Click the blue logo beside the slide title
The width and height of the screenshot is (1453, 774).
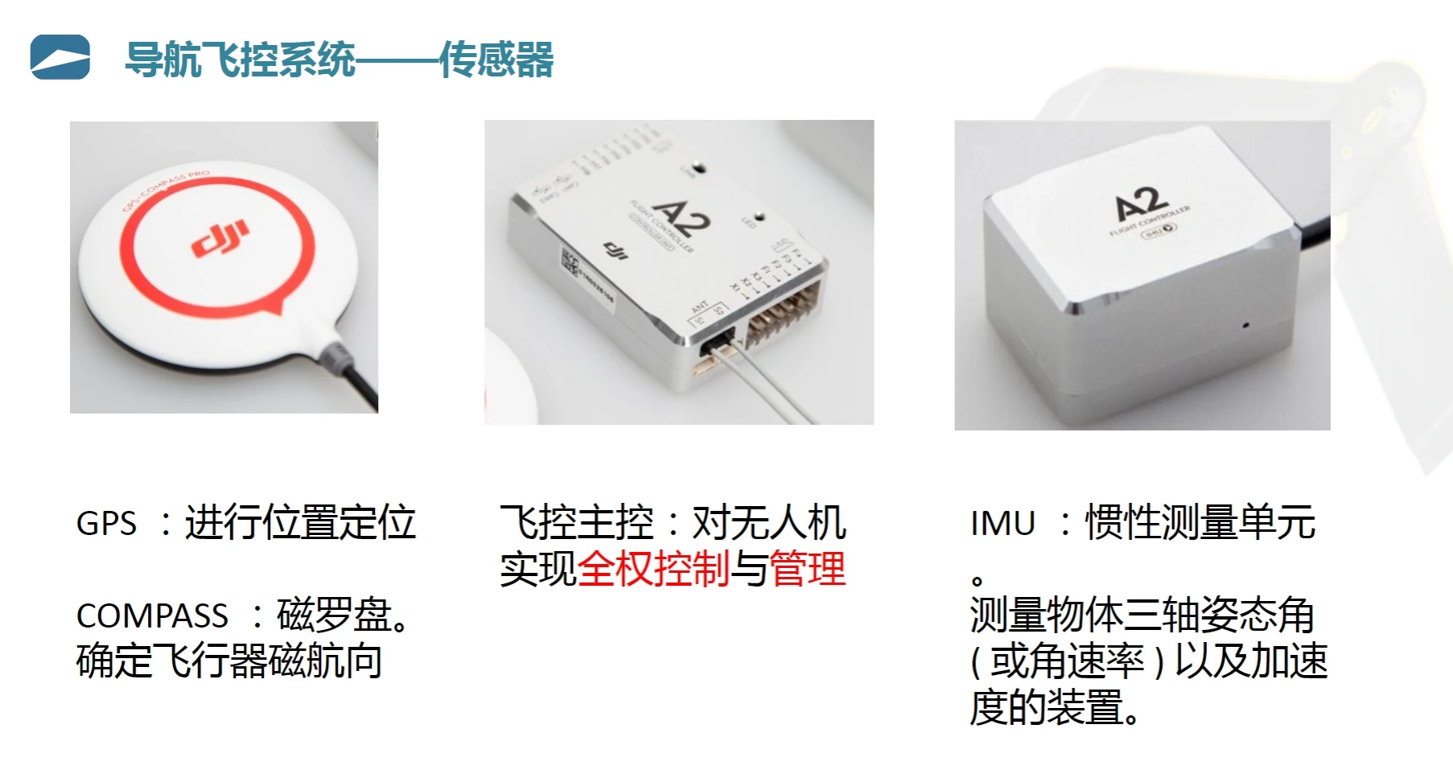(x=60, y=58)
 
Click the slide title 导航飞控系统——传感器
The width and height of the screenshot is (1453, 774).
(x=339, y=60)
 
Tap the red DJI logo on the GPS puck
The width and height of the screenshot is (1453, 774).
(x=220, y=238)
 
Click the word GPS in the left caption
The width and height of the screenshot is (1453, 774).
(x=106, y=524)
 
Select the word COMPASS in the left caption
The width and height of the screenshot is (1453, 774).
(x=152, y=616)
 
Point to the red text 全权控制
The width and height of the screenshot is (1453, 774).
(x=653, y=570)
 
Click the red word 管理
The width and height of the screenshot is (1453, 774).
(x=808, y=570)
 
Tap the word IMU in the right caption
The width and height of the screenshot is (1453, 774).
(x=1002, y=524)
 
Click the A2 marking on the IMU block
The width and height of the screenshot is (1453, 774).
(x=1141, y=204)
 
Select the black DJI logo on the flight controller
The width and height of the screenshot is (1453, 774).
(x=615, y=250)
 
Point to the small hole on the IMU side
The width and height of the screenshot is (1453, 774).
(x=1245, y=325)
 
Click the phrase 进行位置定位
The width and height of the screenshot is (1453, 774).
(x=300, y=523)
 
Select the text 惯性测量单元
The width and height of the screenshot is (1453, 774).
(x=1200, y=523)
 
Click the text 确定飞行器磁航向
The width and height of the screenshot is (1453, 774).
(x=229, y=661)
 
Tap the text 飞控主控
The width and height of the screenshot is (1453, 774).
(x=577, y=523)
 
